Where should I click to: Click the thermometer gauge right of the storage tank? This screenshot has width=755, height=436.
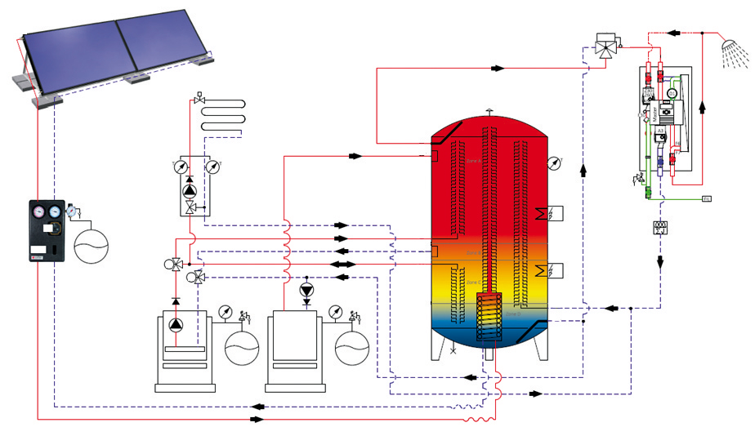[x=555, y=162]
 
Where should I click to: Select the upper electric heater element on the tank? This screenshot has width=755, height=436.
[x=542, y=215]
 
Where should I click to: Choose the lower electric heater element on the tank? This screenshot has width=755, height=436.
[x=542, y=270]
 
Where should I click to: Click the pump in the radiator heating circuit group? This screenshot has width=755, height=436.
[x=190, y=191]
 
